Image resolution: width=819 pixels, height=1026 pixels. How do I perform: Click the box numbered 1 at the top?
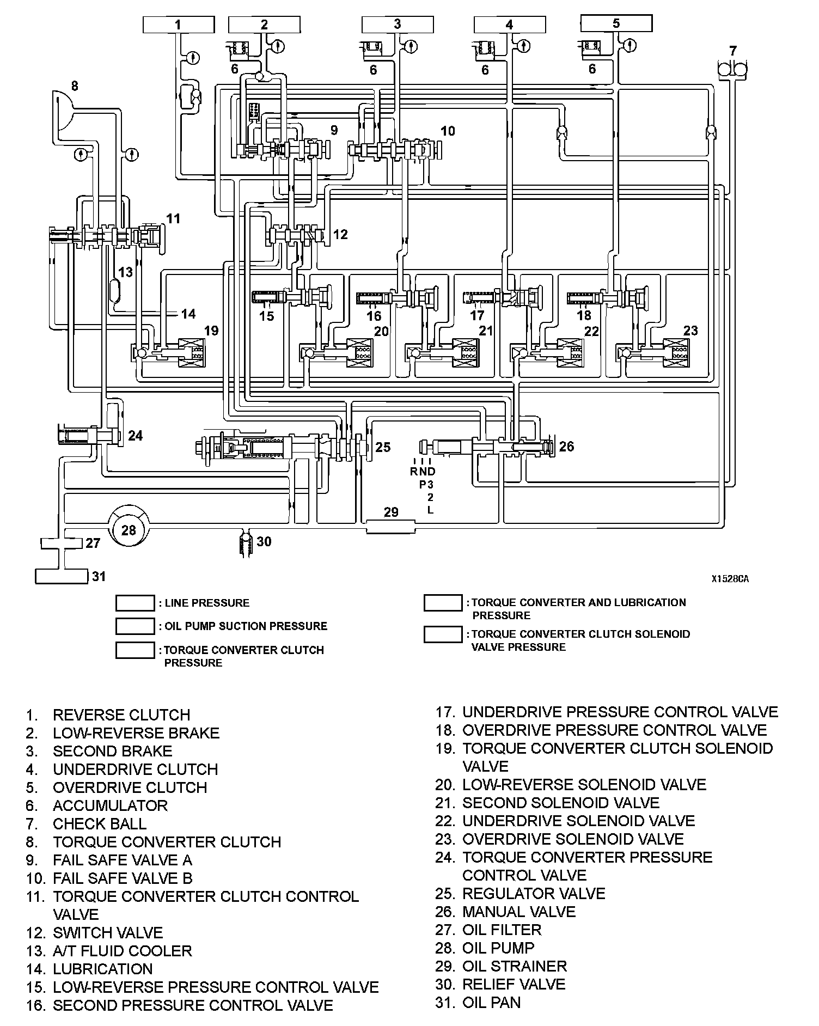click(x=178, y=25)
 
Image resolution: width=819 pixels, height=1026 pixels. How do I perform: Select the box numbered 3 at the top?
click(x=398, y=25)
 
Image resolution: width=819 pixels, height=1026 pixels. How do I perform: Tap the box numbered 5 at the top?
click(x=616, y=23)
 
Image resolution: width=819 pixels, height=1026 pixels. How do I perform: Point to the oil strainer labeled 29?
click(x=390, y=527)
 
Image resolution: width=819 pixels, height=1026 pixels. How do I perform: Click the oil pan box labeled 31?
click(x=62, y=576)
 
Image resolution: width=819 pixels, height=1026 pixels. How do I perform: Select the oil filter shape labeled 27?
click(x=62, y=543)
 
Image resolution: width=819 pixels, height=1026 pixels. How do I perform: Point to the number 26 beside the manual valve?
click(x=566, y=447)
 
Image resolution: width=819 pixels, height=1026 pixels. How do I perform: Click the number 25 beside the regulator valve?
click(x=383, y=447)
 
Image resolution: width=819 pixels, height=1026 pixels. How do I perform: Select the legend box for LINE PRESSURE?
click(x=135, y=603)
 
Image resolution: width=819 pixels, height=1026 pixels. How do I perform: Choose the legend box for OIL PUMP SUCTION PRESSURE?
click(x=135, y=626)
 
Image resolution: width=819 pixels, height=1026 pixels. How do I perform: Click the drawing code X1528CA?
click(x=730, y=579)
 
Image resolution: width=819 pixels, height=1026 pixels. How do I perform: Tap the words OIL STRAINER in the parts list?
click(x=514, y=966)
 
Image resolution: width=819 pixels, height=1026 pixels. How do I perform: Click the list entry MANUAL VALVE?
click(x=518, y=912)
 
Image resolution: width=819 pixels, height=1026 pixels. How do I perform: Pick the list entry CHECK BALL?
click(x=100, y=823)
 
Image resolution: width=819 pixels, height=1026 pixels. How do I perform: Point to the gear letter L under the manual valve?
click(x=430, y=510)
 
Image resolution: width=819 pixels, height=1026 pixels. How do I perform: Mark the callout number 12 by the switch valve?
click(x=340, y=235)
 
